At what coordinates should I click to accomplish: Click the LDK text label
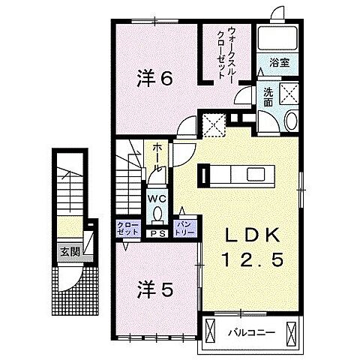[250, 234]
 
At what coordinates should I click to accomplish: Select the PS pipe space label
[157, 233]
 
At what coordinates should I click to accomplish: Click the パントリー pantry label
[184, 228]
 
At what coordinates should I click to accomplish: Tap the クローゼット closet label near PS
[126, 228]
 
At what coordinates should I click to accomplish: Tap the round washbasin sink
[292, 120]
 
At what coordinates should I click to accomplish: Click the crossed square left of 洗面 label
[214, 124]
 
